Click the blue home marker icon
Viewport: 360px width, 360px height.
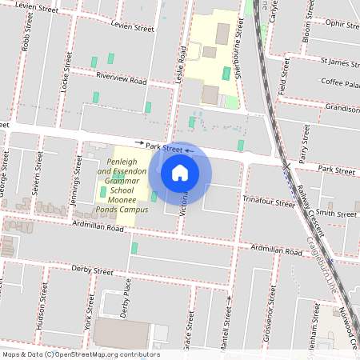point(180,172)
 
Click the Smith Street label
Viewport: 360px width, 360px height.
point(336,214)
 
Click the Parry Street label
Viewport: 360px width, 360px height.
point(303,148)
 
